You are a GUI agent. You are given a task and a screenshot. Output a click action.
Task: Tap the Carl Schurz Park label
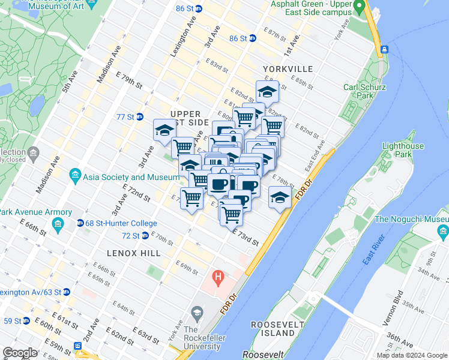pyautogui.click(x=359, y=91)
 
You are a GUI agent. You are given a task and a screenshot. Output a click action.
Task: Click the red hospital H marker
pyautogui.click(x=218, y=278)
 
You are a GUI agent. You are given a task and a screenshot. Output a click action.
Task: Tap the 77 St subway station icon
pyautogui.click(x=139, y=116)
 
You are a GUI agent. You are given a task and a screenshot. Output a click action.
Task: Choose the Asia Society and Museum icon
pyautogui.click(x=75, y=176)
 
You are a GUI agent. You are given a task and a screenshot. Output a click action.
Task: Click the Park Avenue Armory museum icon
pyautogui.click(x=58, y=226)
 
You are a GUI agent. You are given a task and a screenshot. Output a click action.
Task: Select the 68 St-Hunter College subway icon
pyautogui.click(x=80, y=223)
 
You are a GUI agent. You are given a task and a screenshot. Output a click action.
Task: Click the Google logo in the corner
pyautogui.click(x=20, y=353)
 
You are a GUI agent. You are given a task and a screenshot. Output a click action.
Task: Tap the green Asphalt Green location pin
pyautogui.click(x=360, y=7)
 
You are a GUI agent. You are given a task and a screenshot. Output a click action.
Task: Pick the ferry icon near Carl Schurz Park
pyautogui.click(x=384, y=49)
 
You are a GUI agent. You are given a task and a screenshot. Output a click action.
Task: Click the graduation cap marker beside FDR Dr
pyautogui.click(x=279, y=197)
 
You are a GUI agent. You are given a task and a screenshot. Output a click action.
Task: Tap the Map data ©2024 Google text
pyautogui.click(x=411, y=355)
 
